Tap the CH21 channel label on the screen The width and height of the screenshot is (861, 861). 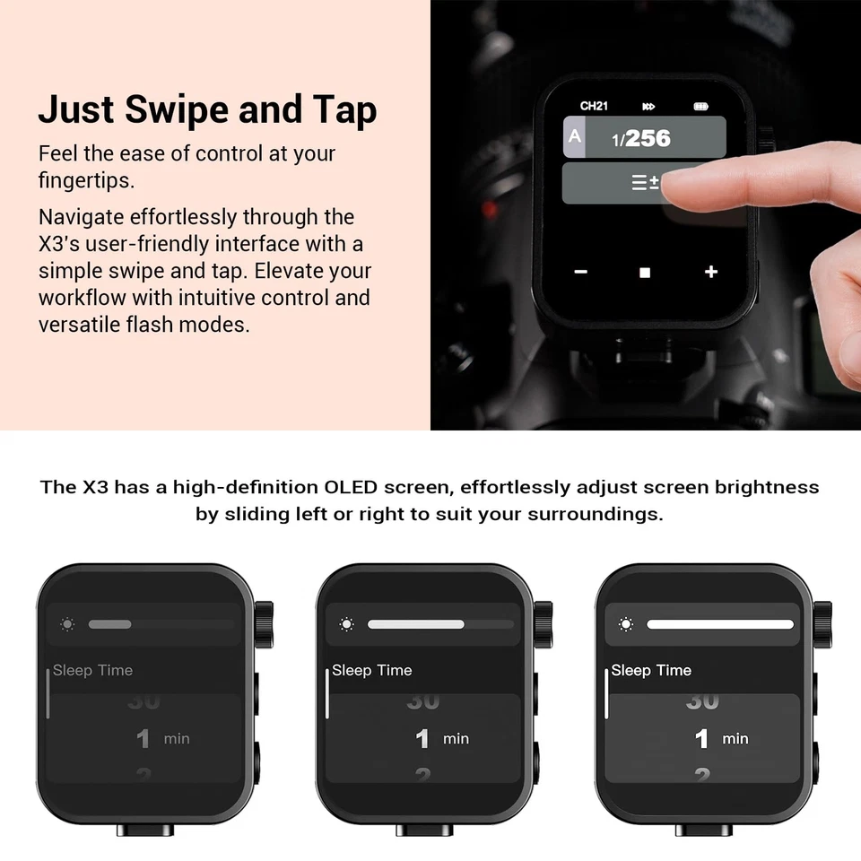tap(594, 106)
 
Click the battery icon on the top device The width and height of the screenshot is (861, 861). tap(700, 107)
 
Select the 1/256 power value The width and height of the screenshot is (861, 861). tap(642, 138)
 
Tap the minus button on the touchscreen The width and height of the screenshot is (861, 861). tap(581, 272)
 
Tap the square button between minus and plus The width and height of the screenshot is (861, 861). tap(645, 273)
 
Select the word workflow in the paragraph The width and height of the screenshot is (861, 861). tap(79, 297)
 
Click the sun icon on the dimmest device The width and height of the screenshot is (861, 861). tap(68, 624)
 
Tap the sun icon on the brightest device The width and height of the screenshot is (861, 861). tap(626, 624)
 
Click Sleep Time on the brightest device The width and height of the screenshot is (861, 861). tap(651, 671)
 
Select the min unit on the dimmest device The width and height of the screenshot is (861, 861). tap(177, 739)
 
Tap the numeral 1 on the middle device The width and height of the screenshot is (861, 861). tap(422, 739)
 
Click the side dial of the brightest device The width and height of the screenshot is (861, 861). tap(822, 619)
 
